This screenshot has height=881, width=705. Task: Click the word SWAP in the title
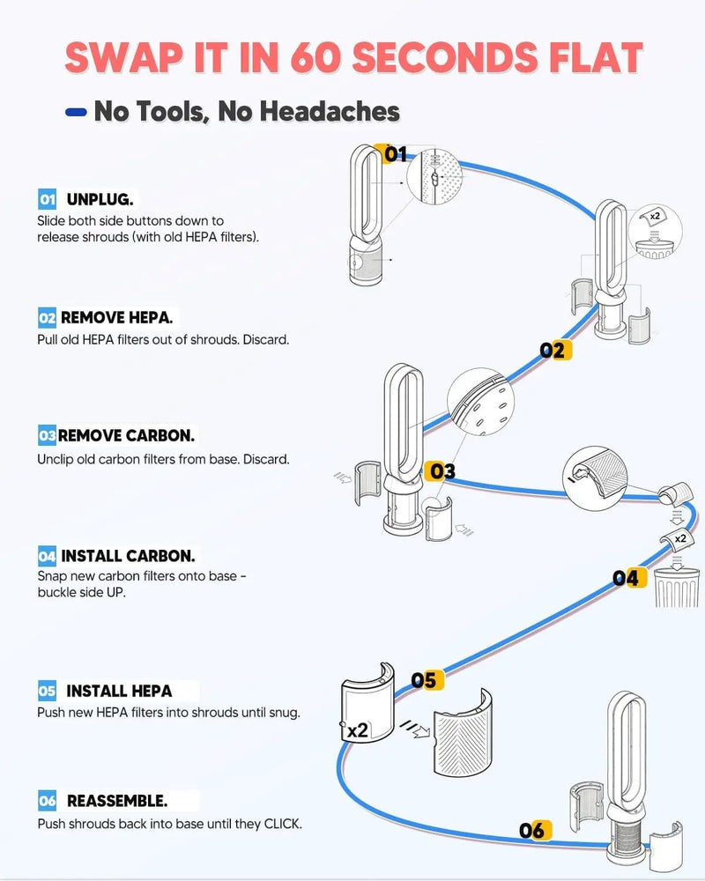click(x=123, y=57)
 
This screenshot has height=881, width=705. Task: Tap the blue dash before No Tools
click(x=76, y=113)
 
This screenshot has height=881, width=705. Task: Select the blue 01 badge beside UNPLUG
click(x=48, y=199)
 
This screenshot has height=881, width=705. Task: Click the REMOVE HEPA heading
click(x=116, y=317)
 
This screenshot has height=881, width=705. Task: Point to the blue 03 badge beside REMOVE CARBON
click(x=48, y=435)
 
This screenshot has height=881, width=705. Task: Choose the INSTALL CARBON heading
click(x=128, y=556)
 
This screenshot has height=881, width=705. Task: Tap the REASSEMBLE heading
click(x=117, y=801)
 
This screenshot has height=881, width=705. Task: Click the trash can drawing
click(x=677, y=587)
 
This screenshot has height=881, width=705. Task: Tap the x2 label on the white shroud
click(x=358, y=730)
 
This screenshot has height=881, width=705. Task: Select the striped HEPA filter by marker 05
click(x=462, y=733)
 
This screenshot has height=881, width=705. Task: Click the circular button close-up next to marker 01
click(x=435, y=177)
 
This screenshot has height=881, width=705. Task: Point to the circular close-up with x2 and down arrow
click(x=655, y=232)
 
